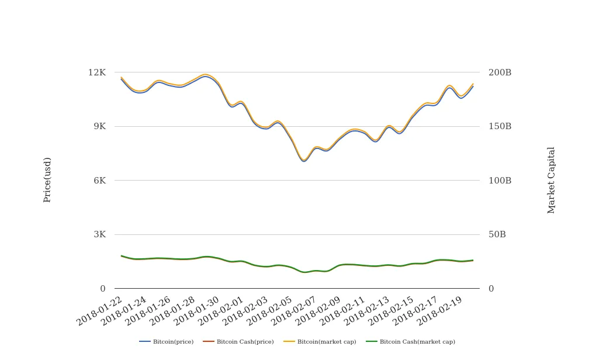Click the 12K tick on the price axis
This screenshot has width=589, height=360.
[x=97, y=72]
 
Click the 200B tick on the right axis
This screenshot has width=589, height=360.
[x=500, y=72]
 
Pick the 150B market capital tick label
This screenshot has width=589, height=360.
[x=500, y=126]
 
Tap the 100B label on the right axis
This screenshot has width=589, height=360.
[x=500, y=181]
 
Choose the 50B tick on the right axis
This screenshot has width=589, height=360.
[x=497, y=234]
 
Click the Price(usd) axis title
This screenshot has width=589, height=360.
[x=47, y=180]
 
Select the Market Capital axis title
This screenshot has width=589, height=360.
[x=551, y=180]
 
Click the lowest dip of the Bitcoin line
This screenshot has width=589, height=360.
[x=304, y=161]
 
